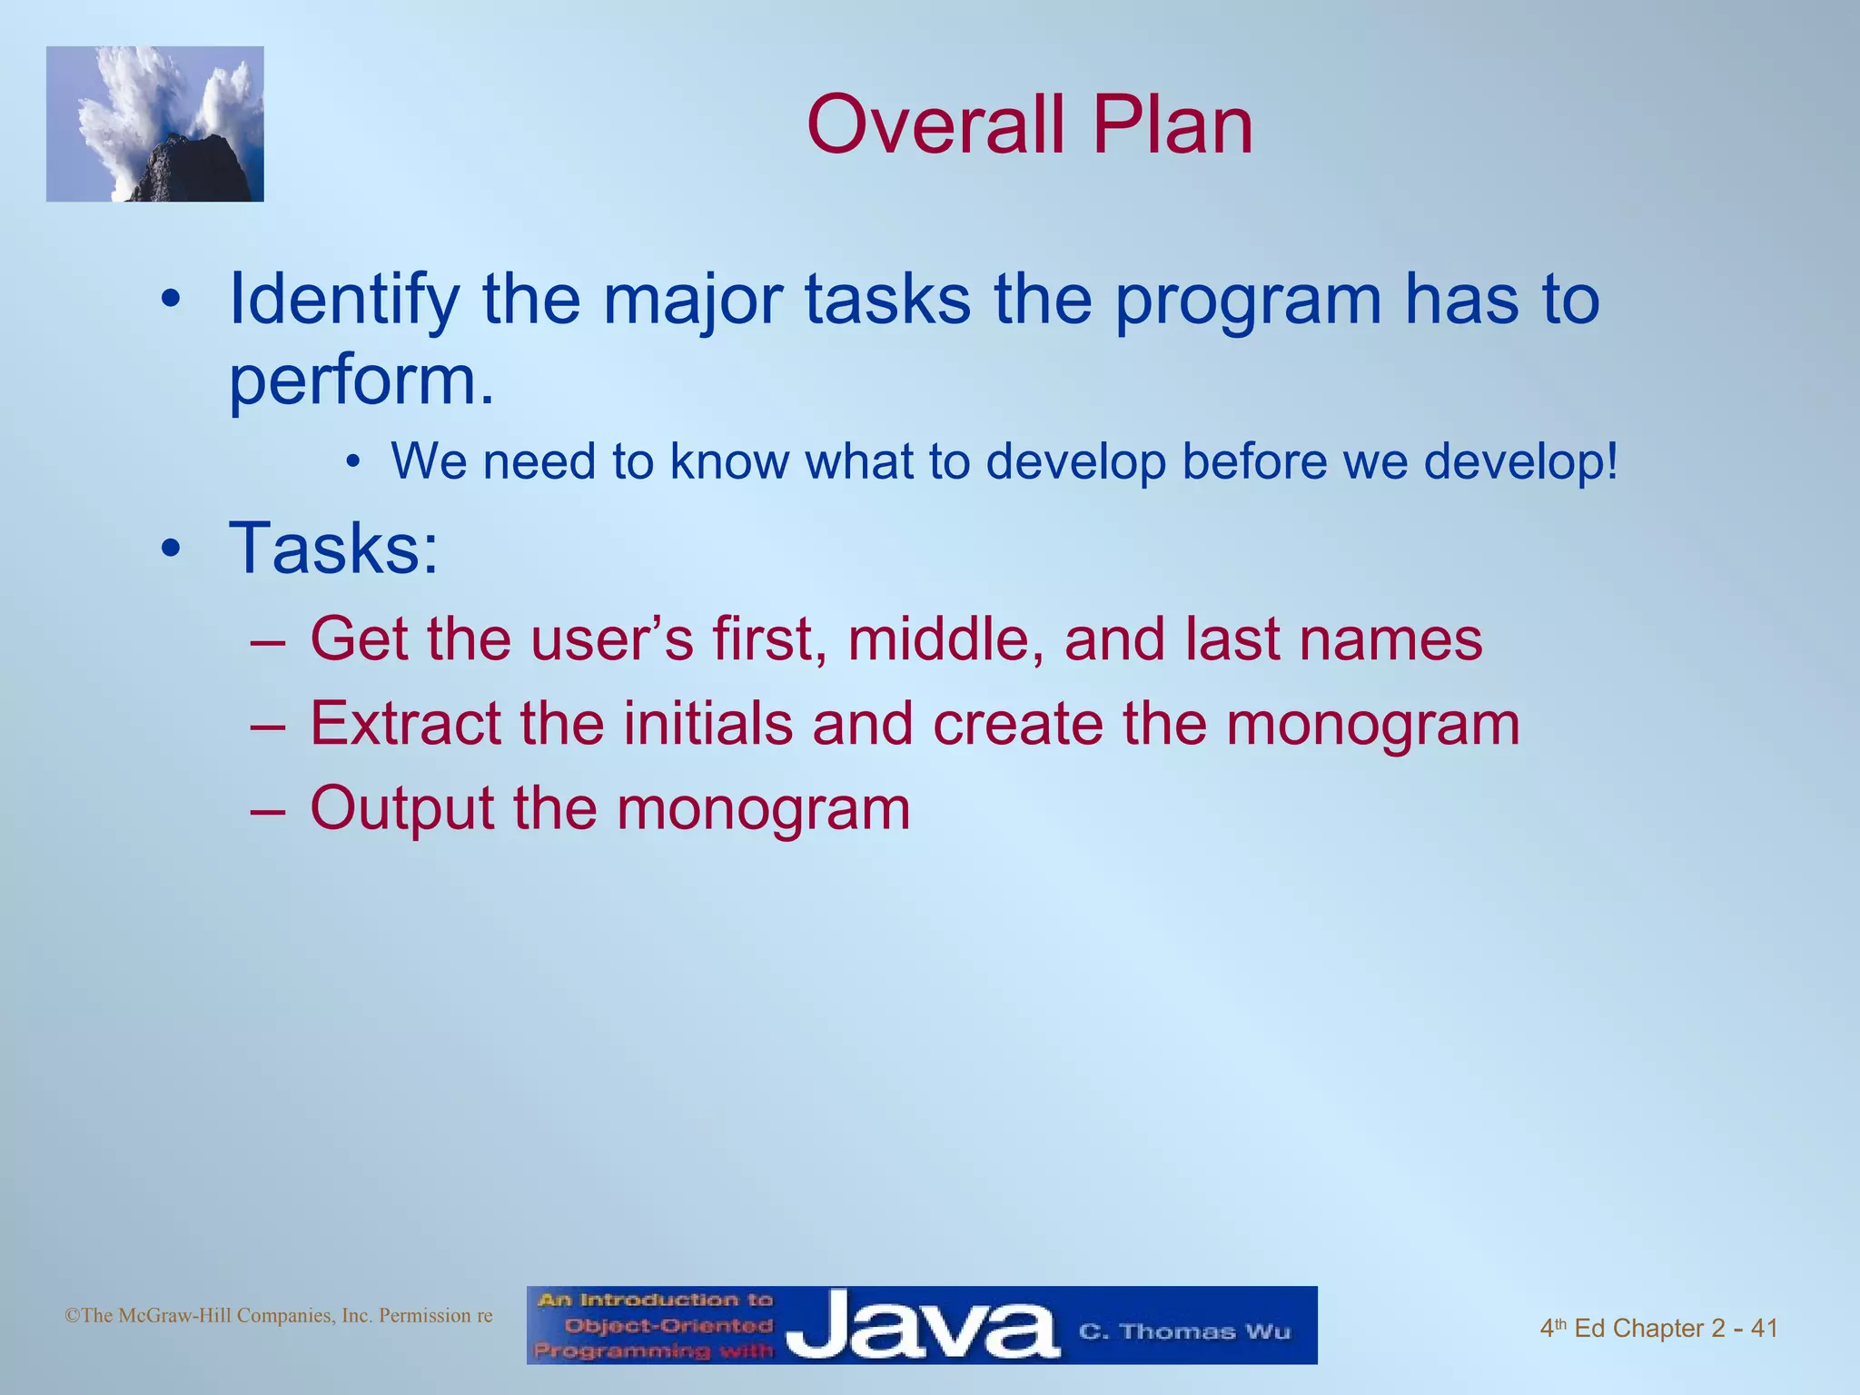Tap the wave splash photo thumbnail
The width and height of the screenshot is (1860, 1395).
pyautogui.click(x=154, y=124)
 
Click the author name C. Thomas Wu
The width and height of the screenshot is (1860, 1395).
pyautogui.click(x=1183, y=1331)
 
